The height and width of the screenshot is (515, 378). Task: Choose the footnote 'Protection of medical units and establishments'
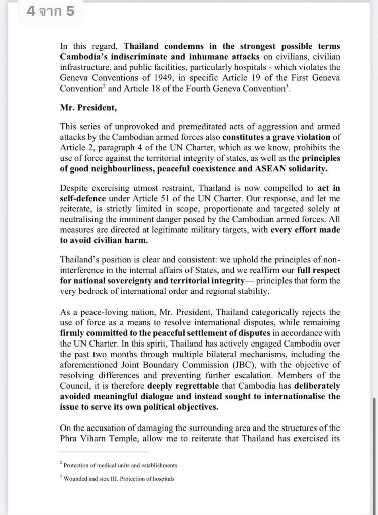(x=120, y=465)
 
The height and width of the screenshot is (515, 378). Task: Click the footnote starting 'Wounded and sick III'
(x=119, y=479)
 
